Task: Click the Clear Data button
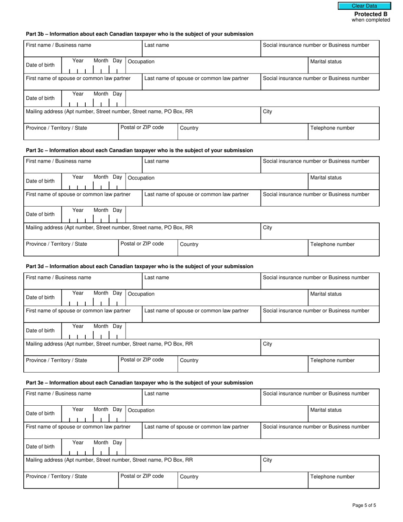tap(364, 6)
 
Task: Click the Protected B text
tap(371, 14)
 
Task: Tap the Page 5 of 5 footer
tap(364, 505)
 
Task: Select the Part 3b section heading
tap(140, 34)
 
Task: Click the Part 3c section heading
tap(140, 150)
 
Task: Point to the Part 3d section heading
tap(140, 267)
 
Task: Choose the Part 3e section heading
tap(140, 383)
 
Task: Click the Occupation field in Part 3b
tap(217, 66)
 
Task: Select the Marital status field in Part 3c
tap(343, 182)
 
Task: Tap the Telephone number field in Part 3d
tap(343, 365)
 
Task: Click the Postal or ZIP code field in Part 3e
tap(148, 481)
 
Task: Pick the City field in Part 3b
tap(319, 115)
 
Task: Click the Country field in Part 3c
tap(242, 248)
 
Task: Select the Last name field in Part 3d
tap(201, 281)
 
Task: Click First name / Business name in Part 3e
tap(83, 397)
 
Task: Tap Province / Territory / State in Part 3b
tap(71, 132)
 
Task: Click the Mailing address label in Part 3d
tap(109, 344)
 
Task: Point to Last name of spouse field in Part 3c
tap(201, 199)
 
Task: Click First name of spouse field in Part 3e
tap(83, 431)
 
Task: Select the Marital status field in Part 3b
tap(343, 66)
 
